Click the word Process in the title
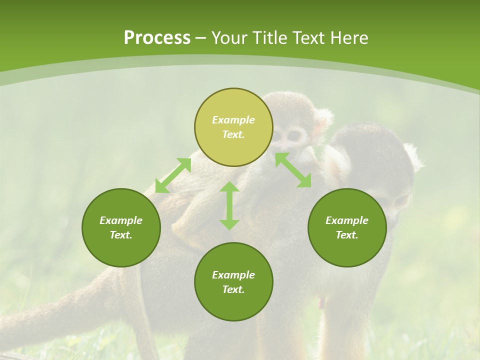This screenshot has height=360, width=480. click(x=157, y=37)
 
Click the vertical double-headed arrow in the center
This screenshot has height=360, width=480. click(x=229, y=205)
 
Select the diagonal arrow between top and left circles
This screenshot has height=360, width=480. click(x=173, y=175)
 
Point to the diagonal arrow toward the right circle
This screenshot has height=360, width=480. click(x=293, y=170)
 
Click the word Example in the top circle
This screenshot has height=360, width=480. click(x=233, y=120)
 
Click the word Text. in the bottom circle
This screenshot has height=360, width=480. click(x=233, y=289)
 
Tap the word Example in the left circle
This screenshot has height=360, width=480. click(x=121, y=220)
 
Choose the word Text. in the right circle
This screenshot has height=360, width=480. click(x=347, y=235)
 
